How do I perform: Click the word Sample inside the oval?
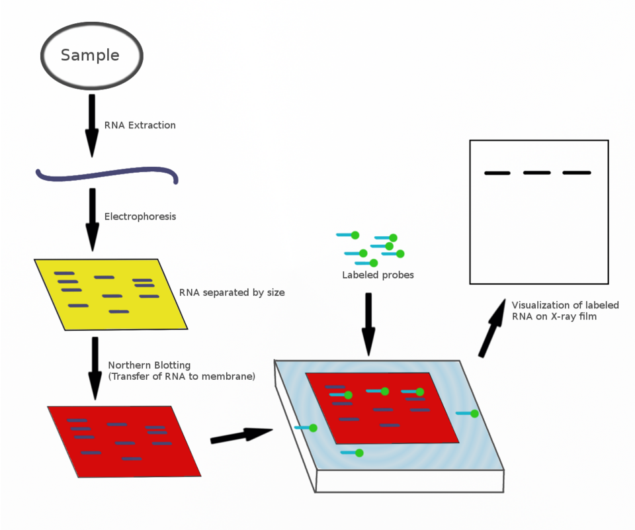click(90, 55)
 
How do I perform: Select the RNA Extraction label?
click(140, 125)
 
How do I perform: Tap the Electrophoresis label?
click(140, 216)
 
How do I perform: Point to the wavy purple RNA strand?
click(107, 175)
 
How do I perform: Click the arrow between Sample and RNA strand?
click(92, 126)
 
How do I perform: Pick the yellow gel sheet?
click(110, 294)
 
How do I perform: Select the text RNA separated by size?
click(232, 292)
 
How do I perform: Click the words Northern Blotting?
click(149, 365)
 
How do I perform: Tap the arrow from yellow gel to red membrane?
click(95, 369)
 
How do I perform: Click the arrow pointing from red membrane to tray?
click(241, 435)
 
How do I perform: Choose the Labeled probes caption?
click(378, 275)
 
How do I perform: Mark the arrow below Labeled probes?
click(368, 325)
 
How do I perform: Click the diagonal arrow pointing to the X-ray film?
click(492, 328)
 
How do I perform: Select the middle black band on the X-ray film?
click(537, 173)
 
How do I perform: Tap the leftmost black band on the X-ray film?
click(497, 173)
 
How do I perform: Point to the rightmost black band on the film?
click(577, 173)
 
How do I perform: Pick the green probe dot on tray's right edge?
click(475, 414)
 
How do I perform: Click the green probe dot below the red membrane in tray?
click(359, 453)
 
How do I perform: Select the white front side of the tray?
click(409, 482)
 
